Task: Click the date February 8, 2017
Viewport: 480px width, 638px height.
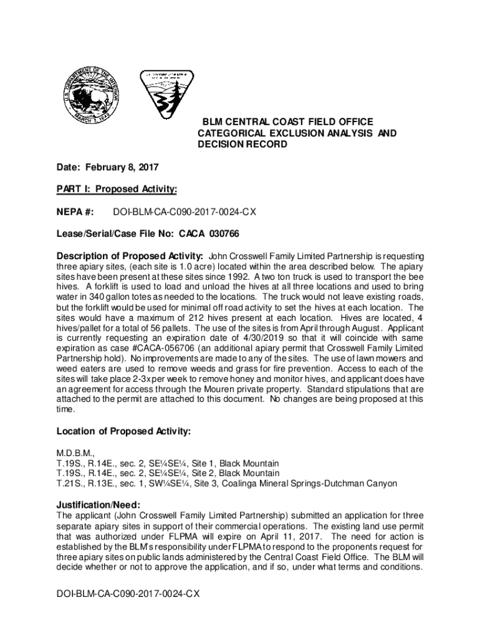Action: pyautogui.click(x=122, y=167)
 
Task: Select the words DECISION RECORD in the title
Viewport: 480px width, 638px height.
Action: pyautogui.click(x=242, y=145)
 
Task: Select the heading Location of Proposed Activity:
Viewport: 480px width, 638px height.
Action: pyautogui.click(x=123, y=432)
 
